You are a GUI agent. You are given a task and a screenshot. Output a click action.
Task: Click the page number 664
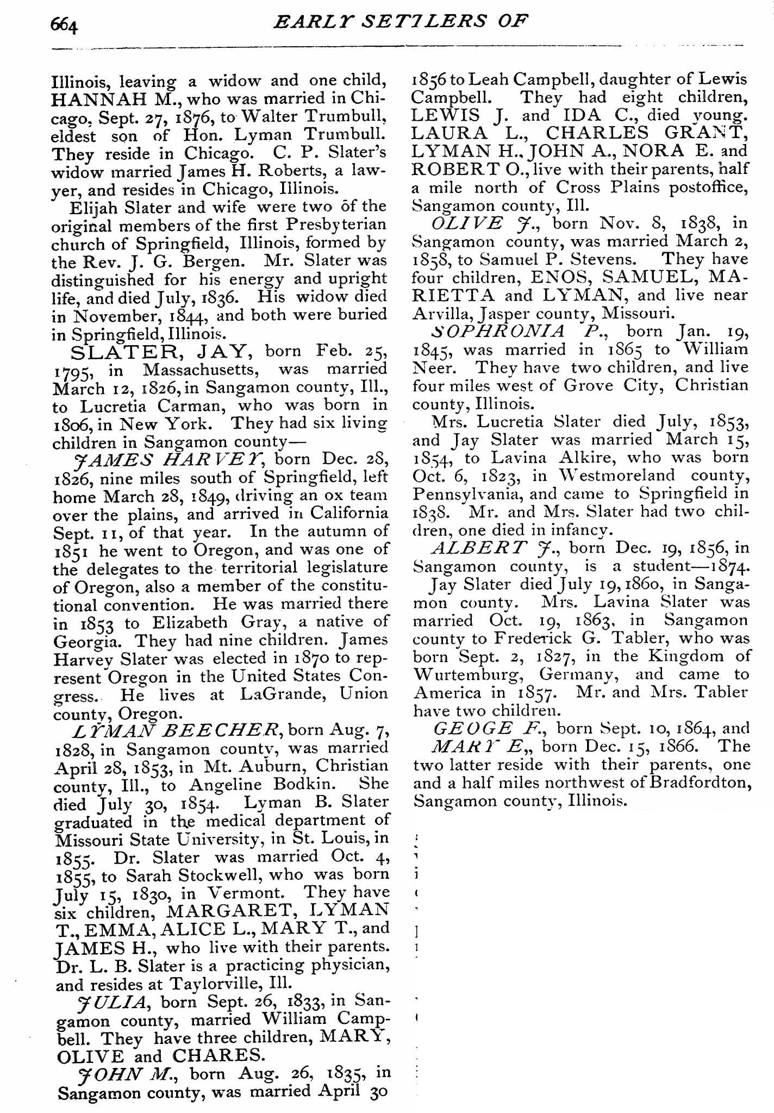64,24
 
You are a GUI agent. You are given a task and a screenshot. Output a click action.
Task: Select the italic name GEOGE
472,728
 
